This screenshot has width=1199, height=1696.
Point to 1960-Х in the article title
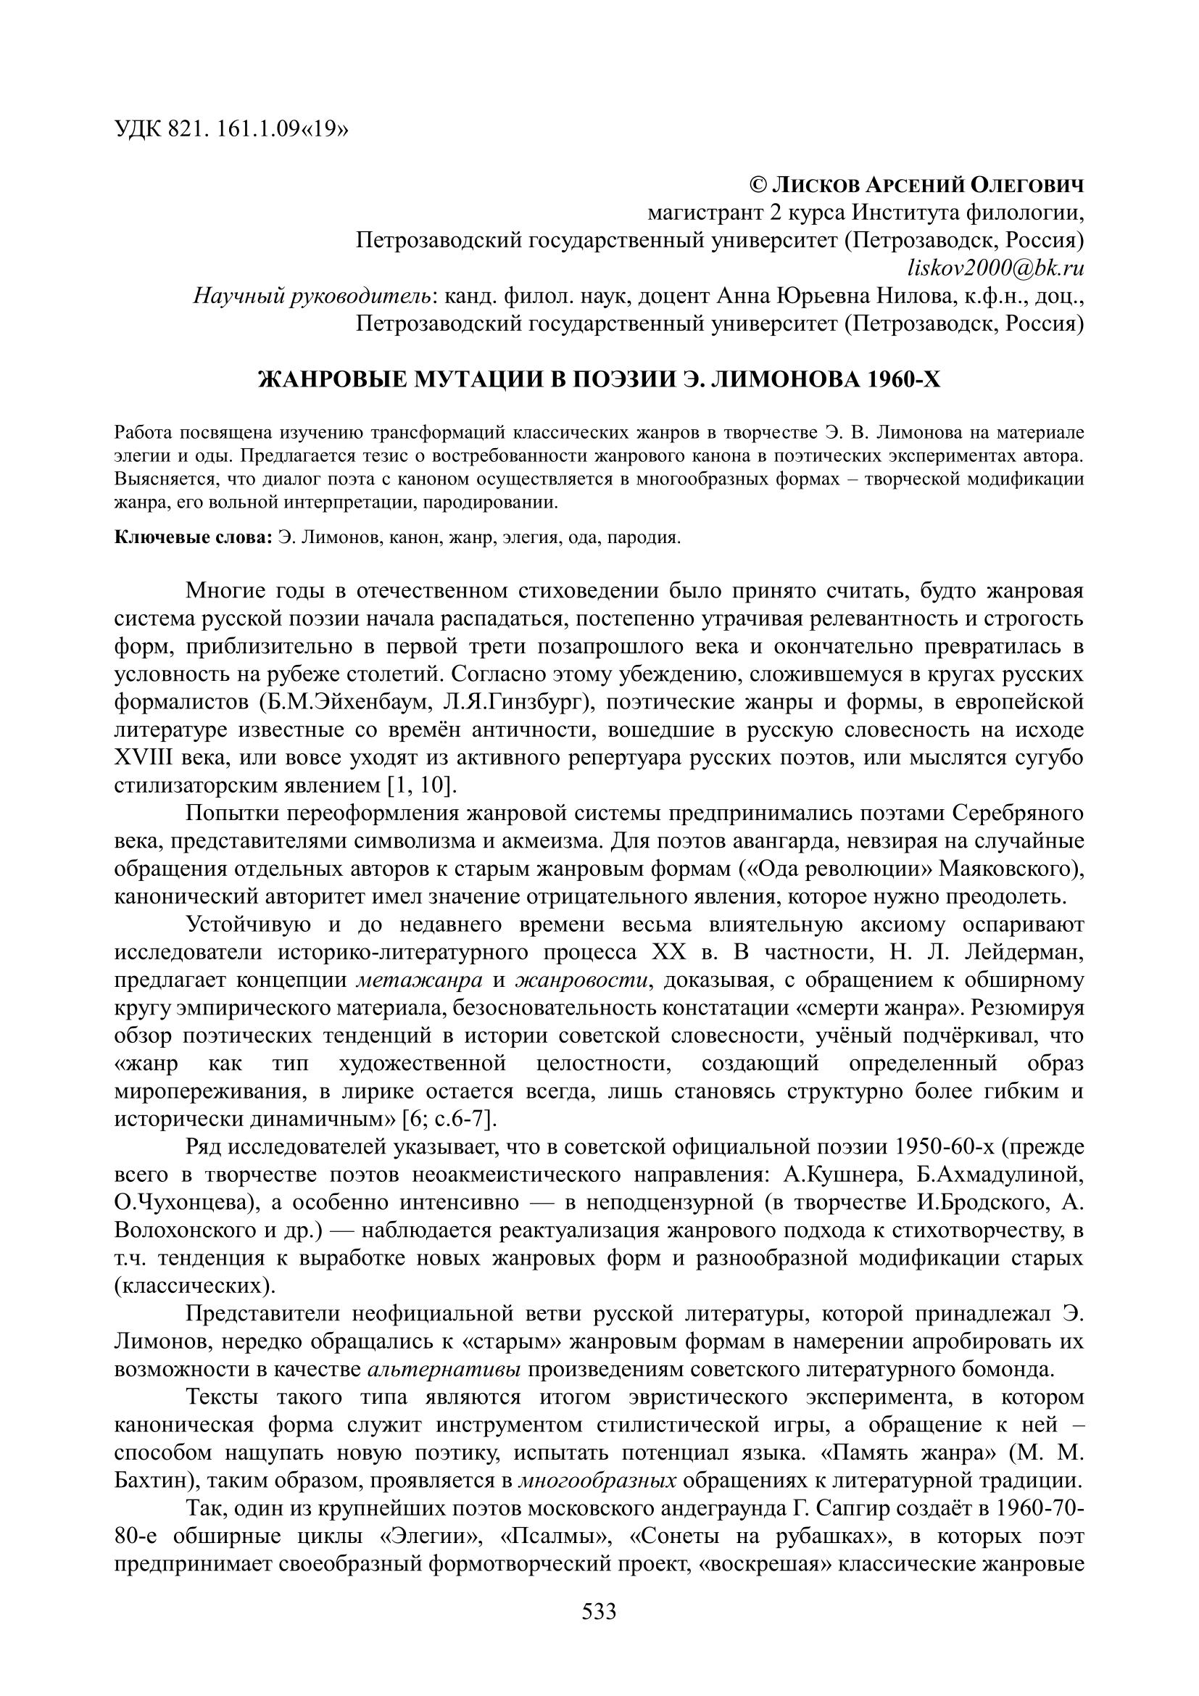pos(904,380)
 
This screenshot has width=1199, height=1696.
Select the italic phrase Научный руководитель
pos(312,297)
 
